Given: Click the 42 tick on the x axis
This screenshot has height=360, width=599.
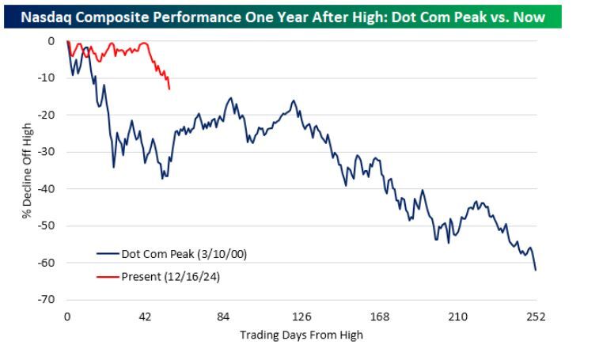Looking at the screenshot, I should (145, 317).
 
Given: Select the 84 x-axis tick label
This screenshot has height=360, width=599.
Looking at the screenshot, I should (223, 317).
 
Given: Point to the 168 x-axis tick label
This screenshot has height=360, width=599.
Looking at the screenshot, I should (380, 317).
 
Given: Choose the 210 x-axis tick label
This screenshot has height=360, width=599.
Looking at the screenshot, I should (457, 317).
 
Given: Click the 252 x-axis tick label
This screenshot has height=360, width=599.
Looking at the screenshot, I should (536, 317).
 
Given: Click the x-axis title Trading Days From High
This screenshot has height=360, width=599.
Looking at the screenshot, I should (301, 335).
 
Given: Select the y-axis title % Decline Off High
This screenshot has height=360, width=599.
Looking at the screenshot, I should (26, 170).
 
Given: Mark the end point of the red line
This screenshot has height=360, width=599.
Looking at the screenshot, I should (169, 89).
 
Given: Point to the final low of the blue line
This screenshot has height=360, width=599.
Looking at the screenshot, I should (536, 270).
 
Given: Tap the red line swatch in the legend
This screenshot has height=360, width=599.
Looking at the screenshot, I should (107, 276).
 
